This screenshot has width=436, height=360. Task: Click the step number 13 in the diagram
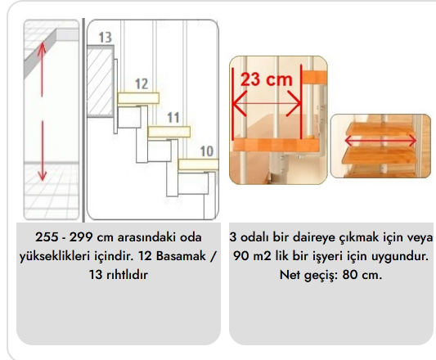tap(106, 38)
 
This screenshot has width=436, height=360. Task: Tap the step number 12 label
tap(142, 83)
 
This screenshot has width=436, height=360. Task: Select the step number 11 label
tap(173, 117)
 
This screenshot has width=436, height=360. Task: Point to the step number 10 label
tap(207, 151)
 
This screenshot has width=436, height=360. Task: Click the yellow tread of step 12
tap(138, 98)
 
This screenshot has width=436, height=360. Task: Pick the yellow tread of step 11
tap(169, 132)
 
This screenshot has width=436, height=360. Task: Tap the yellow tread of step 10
tap(199, 164)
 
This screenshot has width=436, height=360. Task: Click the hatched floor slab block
tap(100, 81)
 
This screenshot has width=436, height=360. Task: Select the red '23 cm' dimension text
tap(267, 79)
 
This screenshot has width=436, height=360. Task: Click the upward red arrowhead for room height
tap(42, 47)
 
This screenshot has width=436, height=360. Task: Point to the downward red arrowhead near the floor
tap(43, 176)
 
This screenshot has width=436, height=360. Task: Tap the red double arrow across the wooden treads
tap(380, 141)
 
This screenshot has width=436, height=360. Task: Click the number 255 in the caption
tap(47, 237)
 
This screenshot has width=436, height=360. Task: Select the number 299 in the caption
tap(81, 237)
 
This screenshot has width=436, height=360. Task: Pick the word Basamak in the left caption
tap(182, 256)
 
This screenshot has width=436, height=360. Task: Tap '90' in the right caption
tap(240, 256)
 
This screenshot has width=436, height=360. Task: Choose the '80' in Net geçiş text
tap(350, 275)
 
